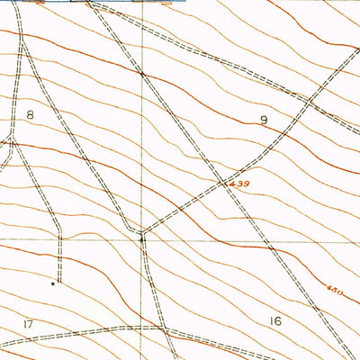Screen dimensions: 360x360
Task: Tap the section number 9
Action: [264, 119]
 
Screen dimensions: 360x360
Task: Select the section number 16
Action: [274, 321]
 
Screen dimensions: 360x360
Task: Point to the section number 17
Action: [28, 323]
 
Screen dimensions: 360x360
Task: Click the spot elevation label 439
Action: [238, 184]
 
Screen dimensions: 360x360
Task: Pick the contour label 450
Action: [335, 290]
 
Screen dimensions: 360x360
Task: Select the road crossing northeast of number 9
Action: [308, 102]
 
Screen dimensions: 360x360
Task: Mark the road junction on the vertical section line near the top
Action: [141, 72]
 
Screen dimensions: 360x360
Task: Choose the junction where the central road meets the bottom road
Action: [164, 329]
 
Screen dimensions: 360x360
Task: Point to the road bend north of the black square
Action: [59, 236]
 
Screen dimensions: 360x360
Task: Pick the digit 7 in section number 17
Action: [31, 323]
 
